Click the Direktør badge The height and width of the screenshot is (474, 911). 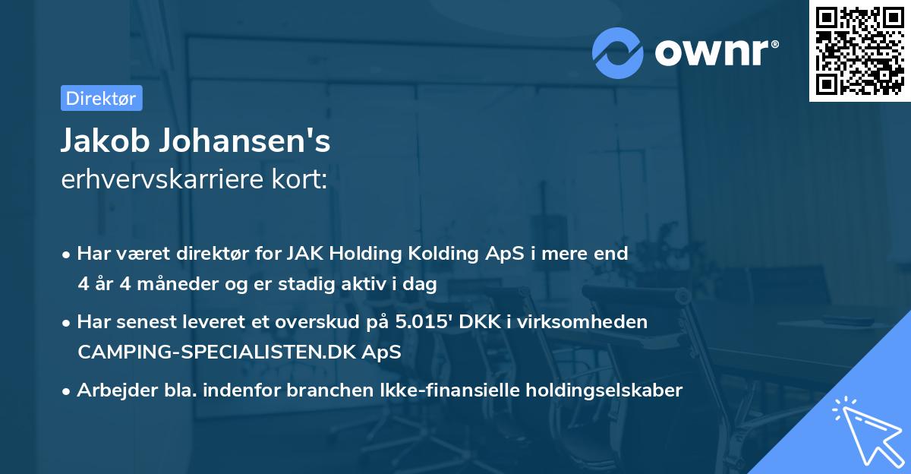point(101,98)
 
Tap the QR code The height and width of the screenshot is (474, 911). point(859,50)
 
